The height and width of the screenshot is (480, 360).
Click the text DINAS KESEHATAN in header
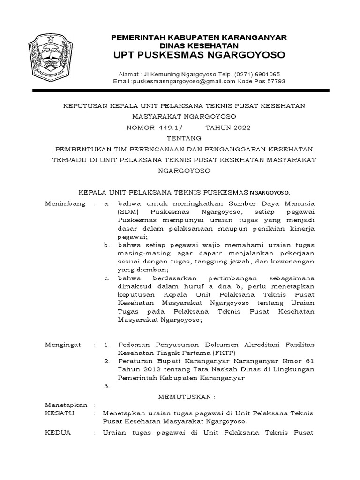click(199, 45)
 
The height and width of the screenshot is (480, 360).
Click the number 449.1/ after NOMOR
click(167, 127)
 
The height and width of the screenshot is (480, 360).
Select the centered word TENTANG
click(184, 138)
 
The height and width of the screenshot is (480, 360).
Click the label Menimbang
click(65, 203)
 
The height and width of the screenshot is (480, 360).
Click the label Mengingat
click(63, 345)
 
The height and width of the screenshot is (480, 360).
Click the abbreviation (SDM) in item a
click(127, 212)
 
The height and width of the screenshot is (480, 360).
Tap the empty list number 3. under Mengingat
click(107, 387)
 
